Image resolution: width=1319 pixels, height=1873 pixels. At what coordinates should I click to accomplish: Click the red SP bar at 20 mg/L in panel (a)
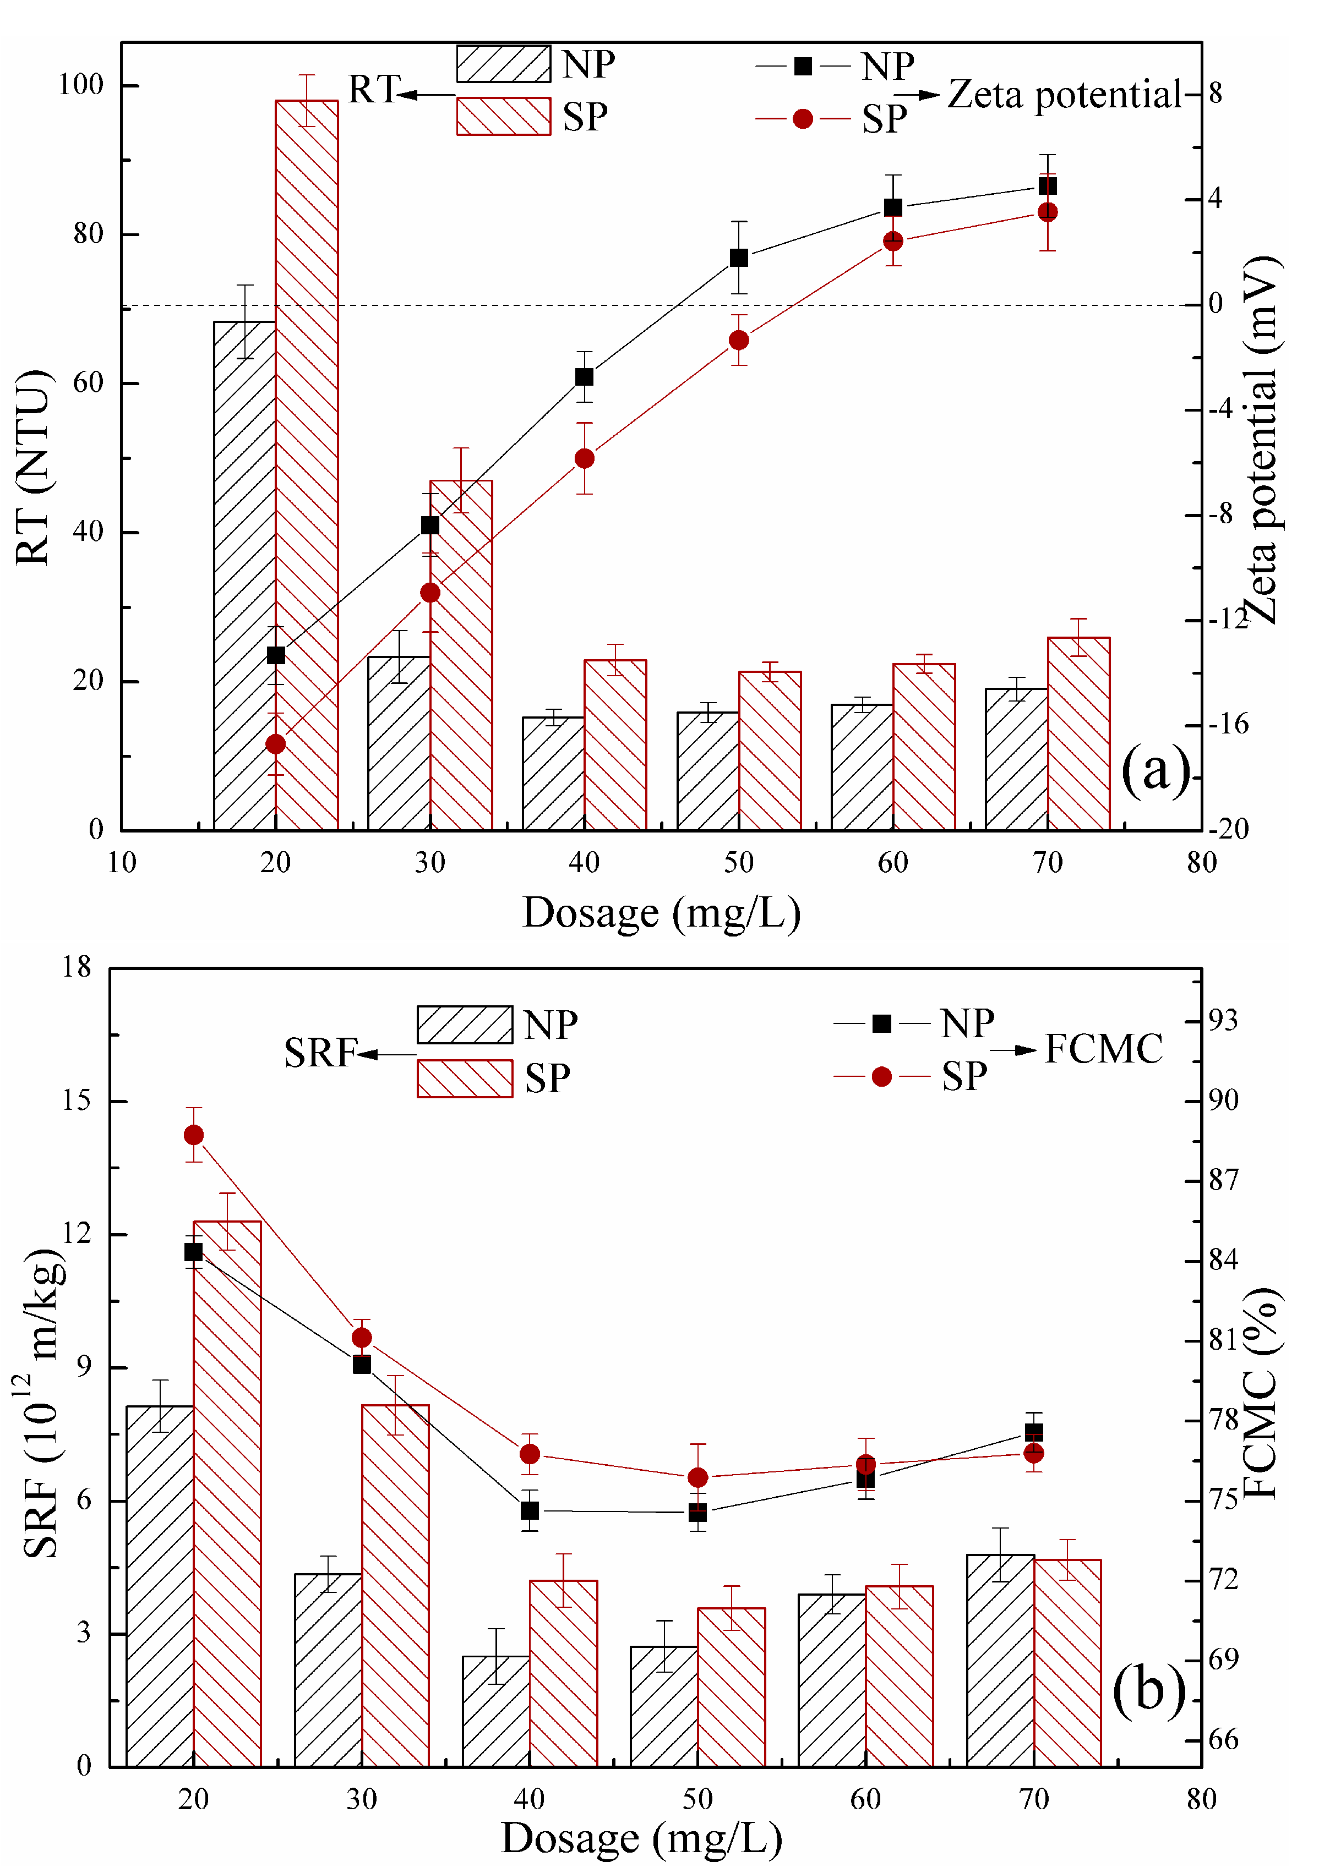(307, 465)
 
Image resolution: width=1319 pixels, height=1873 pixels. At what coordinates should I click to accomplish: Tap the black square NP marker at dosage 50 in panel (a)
(739, 258)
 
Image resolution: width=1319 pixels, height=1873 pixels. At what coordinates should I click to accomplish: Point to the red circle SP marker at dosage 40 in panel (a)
(585, 458)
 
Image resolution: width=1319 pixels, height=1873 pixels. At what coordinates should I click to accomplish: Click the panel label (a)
(1156, 769)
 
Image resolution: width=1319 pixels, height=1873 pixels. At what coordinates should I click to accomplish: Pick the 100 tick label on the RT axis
(81, 84)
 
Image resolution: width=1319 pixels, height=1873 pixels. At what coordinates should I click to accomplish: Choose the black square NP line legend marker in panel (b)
(881, 1023)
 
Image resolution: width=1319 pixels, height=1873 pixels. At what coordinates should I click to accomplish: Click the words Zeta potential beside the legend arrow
(1064, 95)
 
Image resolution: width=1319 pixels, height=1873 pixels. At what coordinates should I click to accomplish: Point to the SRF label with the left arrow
(321, 1053)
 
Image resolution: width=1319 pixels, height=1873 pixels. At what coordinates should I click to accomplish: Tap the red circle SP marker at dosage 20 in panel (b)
(193, 1135)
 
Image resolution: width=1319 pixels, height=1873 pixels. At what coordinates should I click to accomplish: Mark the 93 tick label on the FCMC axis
(1223, 1020)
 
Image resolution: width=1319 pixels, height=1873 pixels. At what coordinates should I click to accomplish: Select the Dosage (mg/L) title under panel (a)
(661, 913)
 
